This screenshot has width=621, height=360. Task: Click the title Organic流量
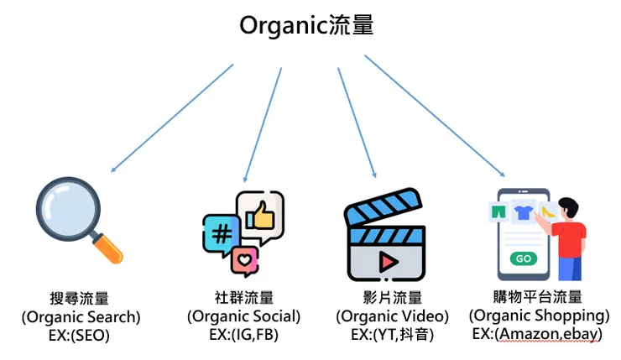coord(306,25)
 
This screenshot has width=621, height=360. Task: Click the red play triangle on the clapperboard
coord(387,261)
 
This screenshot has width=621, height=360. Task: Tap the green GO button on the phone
coord(523,258)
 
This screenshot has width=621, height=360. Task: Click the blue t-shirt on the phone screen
coord(524,215)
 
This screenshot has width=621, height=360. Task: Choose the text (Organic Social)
coord(243,316)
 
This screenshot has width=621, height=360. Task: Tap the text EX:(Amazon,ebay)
coord(539,334)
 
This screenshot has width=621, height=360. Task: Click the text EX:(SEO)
coord(80,334)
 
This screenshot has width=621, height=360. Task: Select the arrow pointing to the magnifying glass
coord(172,117)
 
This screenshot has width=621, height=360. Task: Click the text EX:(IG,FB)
coord(243,334)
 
